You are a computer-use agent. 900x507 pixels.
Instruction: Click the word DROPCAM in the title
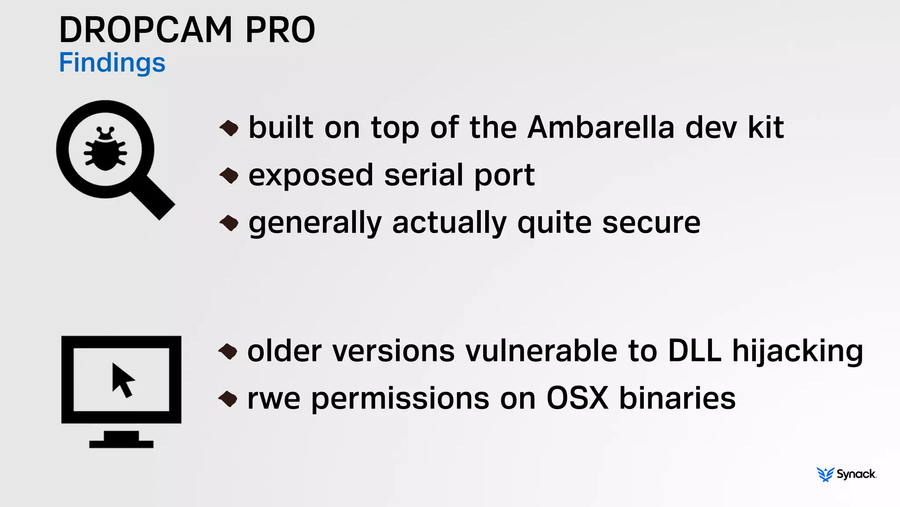pos(145,30)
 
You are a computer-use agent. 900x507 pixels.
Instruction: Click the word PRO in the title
pos(280,30)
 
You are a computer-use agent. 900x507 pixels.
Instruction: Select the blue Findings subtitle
pos(112,62)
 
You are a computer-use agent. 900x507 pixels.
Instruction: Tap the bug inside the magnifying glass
pos(105,149)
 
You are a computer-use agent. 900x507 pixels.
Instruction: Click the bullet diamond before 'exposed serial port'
pos(229,176)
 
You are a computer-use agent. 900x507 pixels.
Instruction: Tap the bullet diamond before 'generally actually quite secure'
pos(229,223)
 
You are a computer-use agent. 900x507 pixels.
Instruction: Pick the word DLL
pos(694,351)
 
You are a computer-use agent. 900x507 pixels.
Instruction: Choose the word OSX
pos(577,398)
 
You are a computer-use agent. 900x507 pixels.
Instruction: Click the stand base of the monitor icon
pos(121,443)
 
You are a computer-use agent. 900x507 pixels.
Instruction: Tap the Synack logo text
pos(856,474)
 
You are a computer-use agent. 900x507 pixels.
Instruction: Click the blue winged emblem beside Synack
pos(825,474)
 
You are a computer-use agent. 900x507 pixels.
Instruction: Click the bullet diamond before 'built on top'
pos(229,128)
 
